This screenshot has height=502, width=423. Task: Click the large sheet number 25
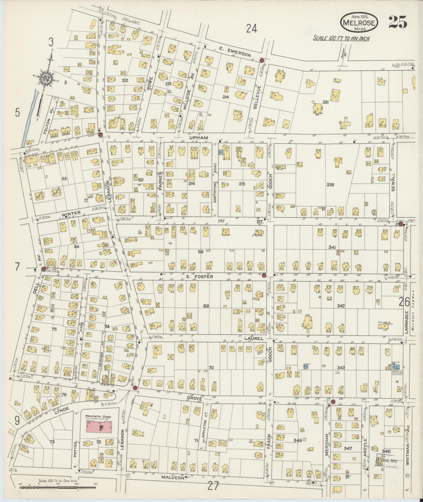398,22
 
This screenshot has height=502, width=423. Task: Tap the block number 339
330,185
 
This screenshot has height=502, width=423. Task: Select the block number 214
226,97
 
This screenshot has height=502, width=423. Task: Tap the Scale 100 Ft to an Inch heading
341,38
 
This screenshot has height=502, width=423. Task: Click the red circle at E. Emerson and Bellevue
261,60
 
